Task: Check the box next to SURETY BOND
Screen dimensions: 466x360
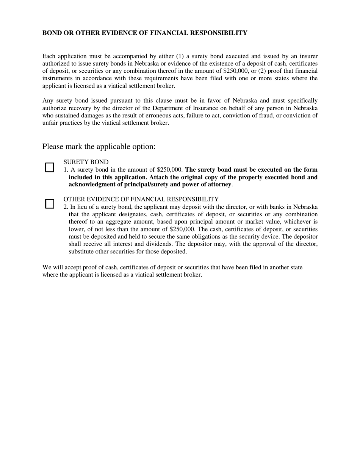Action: (x=50, y=167)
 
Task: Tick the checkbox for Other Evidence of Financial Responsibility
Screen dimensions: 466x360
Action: (x=50, y=204)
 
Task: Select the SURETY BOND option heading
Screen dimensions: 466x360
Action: (x=86, y=162)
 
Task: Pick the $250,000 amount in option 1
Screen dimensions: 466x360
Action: (x=170, y=170)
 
